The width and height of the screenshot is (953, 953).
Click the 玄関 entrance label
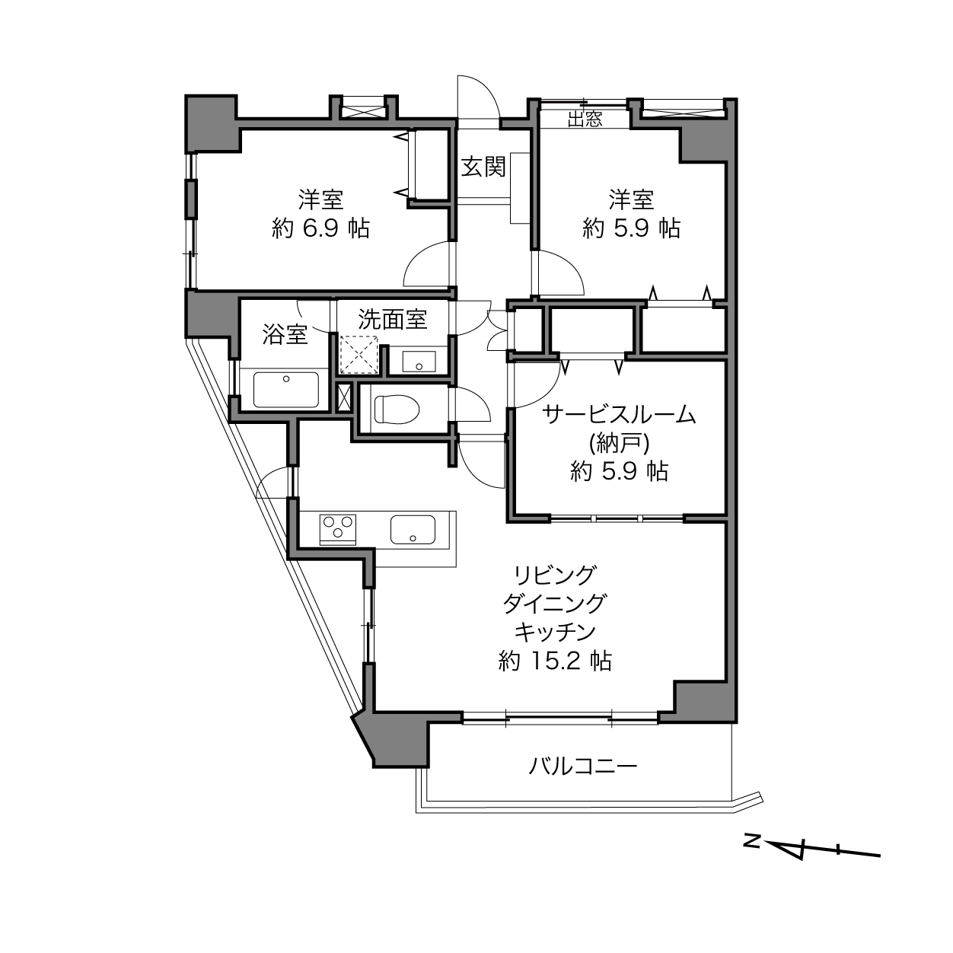click(483, 167)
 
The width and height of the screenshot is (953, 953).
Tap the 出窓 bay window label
click(585, 119)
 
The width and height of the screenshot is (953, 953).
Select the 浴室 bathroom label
click(285, 334)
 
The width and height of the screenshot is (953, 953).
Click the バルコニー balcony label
click(583, 765)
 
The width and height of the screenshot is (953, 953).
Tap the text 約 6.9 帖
click(320, 228)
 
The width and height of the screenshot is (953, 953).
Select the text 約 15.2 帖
click(555, 660)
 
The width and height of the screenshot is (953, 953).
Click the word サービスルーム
click(619, 415)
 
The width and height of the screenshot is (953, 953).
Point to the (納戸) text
click(618, 443)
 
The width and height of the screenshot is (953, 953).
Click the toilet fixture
click(397, 410)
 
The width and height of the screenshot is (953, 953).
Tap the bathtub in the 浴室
click(285, 390)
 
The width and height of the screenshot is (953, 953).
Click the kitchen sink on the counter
click(413, 529)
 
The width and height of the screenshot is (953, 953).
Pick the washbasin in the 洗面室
click(418, 361)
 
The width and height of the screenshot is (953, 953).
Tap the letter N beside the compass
click(752, 841)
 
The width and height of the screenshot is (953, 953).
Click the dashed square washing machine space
click(359, 354)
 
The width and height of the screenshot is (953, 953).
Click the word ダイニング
click(555, 603)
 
